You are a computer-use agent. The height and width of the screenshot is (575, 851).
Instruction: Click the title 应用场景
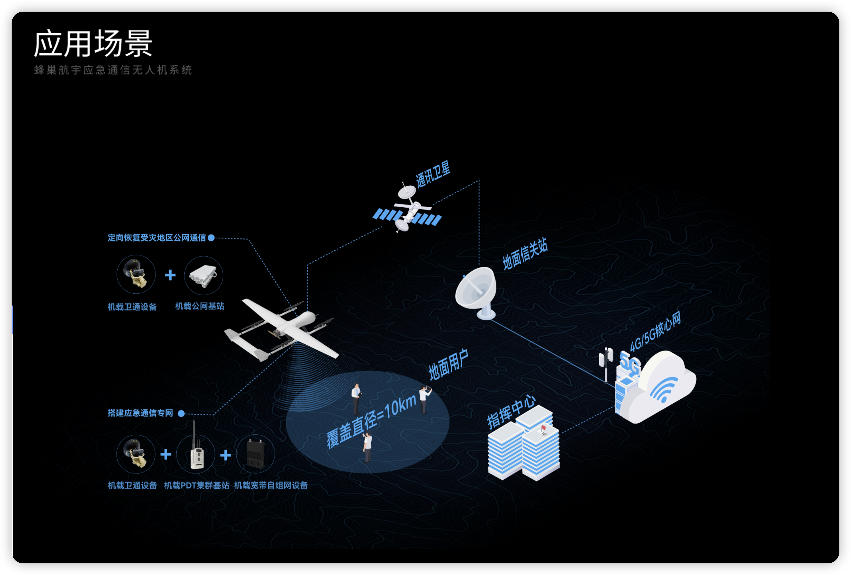[x=93, y=44]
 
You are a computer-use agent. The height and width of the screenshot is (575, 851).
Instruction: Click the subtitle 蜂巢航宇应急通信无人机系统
[x=113, y=70]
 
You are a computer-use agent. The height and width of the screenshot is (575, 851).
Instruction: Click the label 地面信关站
[x=525, y=254]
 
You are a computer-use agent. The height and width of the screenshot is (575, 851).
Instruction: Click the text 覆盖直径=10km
[x=371, y=421]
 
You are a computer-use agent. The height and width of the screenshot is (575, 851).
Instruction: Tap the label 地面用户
[x=448, y=365]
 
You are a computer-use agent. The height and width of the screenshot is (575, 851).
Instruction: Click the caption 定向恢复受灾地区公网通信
[x=157, y=238]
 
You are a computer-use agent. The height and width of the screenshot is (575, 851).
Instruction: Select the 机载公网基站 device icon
[x=203, y=275]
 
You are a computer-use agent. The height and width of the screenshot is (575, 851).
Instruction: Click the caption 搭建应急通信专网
[x=140, y=413]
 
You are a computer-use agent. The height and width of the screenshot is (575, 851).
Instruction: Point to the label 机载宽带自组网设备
[x=271, y=485]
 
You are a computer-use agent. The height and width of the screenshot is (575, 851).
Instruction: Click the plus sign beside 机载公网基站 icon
[x=170, y=275]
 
